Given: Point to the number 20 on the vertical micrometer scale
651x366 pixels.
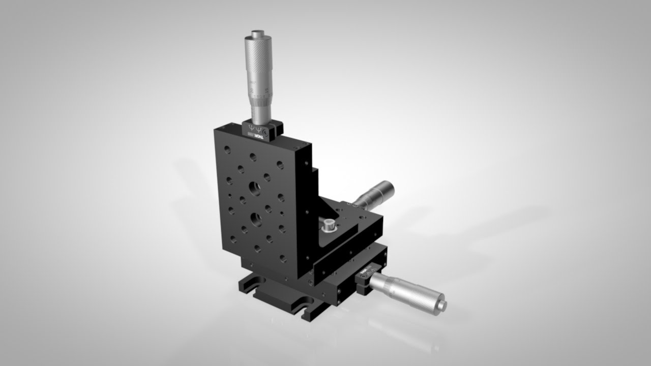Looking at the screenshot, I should [x=253, y=91].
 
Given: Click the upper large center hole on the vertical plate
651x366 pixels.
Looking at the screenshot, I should [x=254, y=190].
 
